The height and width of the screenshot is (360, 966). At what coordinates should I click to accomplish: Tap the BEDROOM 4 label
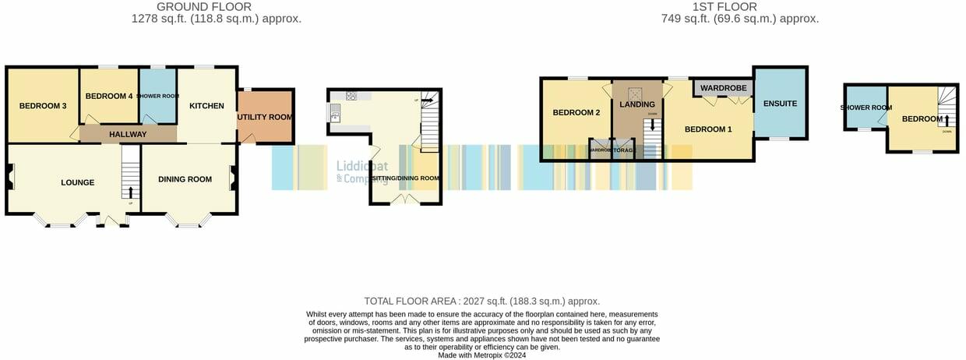pos(109,96)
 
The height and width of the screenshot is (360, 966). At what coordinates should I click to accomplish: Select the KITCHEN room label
pos(206,106)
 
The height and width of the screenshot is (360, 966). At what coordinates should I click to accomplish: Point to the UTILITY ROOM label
pos(265,117)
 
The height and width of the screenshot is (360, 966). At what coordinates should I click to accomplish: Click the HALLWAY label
pos(128,135)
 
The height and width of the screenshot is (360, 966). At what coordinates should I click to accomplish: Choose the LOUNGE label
pos(78,182)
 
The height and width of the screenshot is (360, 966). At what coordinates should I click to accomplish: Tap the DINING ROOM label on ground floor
pos(185,179)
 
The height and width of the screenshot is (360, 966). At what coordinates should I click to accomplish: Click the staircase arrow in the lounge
pos(130,192)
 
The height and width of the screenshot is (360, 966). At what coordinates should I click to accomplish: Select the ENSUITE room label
pos(781,103)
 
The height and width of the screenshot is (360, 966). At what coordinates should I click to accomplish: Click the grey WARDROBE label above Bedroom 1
pos(724,88)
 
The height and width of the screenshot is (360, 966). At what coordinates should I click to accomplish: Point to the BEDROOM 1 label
pos(708,129)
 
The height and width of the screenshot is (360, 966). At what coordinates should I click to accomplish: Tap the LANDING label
pos(637,104)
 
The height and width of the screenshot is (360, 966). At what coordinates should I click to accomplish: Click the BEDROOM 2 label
pos(576,112)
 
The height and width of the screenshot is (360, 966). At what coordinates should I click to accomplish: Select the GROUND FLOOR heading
pos(204,7)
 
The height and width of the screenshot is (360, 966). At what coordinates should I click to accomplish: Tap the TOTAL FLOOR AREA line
pos(482,301)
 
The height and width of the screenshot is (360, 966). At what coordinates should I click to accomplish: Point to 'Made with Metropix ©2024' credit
pos(482,355)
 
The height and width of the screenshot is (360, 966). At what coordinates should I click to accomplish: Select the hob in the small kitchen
pos(351,97)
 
